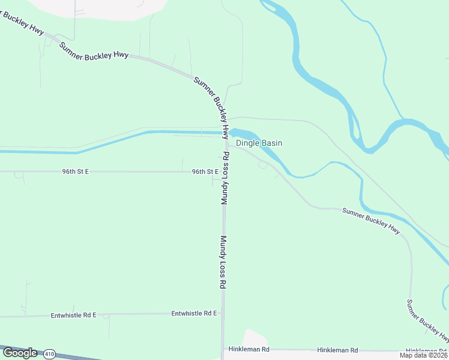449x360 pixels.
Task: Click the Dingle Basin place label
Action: [259, 143]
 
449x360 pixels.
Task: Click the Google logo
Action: [20, 353]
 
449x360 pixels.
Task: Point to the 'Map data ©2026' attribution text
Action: [423, 355]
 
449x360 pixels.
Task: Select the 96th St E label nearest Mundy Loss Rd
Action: [205, 172]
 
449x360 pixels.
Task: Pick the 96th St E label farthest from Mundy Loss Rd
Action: [75, 172]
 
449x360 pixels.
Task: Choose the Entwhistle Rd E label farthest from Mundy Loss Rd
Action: [73, 314]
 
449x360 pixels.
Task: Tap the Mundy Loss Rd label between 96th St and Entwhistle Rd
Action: [222, 262]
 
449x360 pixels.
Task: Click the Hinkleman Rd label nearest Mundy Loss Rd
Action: [247, 349]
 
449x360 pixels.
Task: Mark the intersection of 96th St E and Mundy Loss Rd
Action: [223, 172]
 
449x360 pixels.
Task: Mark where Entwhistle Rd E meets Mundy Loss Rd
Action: [223, 313]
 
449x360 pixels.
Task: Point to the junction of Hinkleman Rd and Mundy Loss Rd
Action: [223, 349]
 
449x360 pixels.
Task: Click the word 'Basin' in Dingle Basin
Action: [271, 143]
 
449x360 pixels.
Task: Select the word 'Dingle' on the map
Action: [247, 143]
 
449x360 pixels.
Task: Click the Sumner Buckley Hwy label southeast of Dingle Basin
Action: [371, 220]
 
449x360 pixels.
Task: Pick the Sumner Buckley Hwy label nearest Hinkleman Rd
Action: [427, 320]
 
